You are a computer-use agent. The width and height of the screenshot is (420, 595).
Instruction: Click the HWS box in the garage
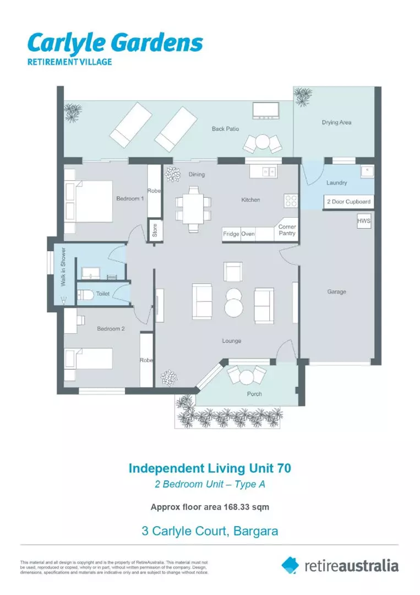pyautogui.click(x=363, y=221)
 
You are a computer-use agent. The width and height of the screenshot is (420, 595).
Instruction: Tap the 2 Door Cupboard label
pyautogui.click(x=349, y=202)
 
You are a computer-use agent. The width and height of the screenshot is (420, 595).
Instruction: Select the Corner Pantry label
pyautogui.click(x=287, y=230)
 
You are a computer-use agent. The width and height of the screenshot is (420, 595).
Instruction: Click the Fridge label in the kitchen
pyautogui.click(x=231, y=234)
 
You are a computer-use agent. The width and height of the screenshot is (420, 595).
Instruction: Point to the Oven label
pyautogui.click(x=248, y=234)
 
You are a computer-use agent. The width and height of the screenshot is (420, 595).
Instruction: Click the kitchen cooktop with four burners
pyautogui.click(x=291, y=201)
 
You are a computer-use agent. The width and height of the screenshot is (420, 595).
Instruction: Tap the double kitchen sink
pyautogui.click(x=269, y=172)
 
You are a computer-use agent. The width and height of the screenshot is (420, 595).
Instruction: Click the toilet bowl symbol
pyautogui.click(x=85, y=294)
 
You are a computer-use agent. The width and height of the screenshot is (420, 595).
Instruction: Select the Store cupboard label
pyautogui.click(x=155, y=230)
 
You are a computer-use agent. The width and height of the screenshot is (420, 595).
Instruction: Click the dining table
pyautogui.click(x=193, y=208)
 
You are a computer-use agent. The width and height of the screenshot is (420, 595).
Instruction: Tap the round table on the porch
pyautogui.click(x=247, y=377)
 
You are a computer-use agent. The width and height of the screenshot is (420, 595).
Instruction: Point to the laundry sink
pyautogui.click(x=367, y=171)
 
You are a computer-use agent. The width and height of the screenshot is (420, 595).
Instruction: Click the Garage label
pyautogui.click(x=337, y=292)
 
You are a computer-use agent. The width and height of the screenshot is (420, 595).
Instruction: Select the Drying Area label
pyautogui.click(x=337, y=122)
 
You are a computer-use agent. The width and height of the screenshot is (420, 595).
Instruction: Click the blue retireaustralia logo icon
pyautogui.click(x=290, y=565)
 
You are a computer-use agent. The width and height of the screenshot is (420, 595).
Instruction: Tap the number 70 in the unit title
pyautogui.click(x=284, y=468)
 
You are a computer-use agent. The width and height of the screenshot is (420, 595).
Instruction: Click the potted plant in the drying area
pyautogui.click(x=303, y=96)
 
